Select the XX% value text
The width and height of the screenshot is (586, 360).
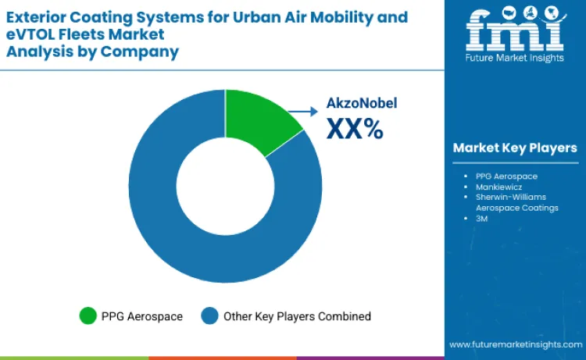tap(354, 130)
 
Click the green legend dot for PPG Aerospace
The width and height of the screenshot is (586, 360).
tap(88, 316)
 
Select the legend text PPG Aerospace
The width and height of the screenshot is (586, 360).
tap(141, 316)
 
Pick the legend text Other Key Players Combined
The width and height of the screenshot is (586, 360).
tap(297, 316)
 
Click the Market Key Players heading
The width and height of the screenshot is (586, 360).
tap(515, 148)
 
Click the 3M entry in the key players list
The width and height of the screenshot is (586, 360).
tap(481, 219)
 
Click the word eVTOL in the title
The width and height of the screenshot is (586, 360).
tap(28, 34)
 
